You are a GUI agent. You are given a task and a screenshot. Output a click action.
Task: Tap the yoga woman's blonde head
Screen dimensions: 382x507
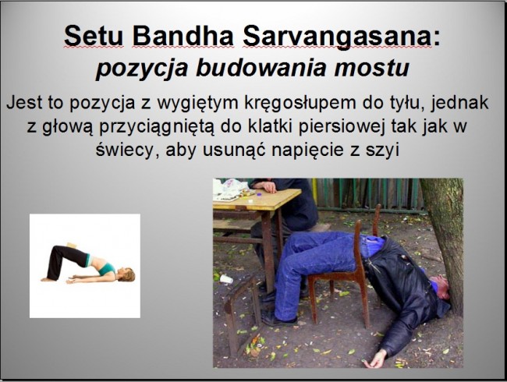(127, 274)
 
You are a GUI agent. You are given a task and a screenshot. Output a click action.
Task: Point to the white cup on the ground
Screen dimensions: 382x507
(225, 278)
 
